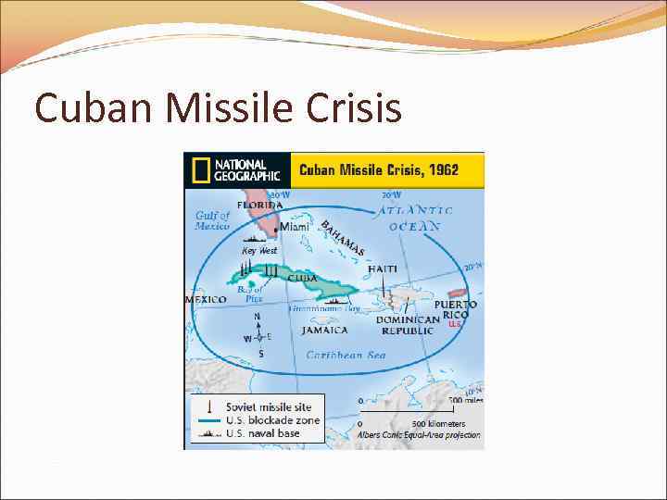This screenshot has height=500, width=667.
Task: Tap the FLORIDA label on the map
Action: point(260,205)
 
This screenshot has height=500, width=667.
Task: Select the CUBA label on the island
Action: point(302,278)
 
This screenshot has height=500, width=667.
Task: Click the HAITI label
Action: point(383,269)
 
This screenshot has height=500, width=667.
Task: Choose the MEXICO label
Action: point(206,300)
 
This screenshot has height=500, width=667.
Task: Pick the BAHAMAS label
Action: point(343,239)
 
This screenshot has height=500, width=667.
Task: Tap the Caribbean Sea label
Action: point(346,355)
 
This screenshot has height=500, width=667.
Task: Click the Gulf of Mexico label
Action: point(212,220)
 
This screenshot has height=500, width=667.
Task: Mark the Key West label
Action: point(259,251)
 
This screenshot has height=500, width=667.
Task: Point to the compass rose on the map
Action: point(259,335)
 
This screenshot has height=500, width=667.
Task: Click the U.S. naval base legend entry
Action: point(262,433)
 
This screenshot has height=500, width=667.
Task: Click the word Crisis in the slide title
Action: point(351,108)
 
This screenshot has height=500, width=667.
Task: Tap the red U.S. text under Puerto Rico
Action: point(455,324)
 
